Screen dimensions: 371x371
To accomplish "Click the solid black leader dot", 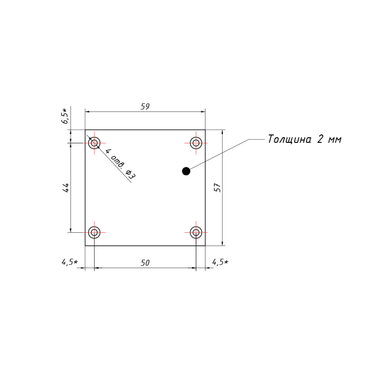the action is click(186, 171).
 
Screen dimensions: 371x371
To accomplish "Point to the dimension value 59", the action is click(145, 106).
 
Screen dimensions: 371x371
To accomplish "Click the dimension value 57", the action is click(217, 187).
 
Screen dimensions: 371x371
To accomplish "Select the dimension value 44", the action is click(66, 188).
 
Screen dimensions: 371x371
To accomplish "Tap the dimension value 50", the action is click(145, 263).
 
